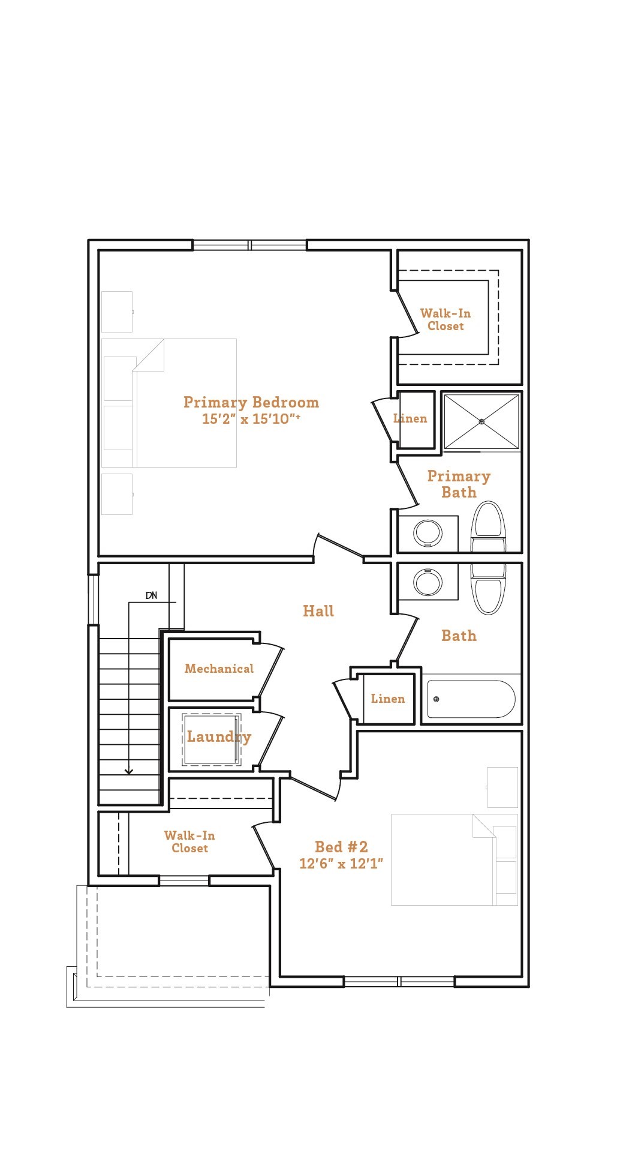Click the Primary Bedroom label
point(251,402)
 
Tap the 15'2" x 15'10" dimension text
point(251,419)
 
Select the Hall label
point(318,611)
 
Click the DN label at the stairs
point(151,595)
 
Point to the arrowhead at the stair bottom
point(128,772)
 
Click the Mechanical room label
point(219,669)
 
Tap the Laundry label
point(219,736)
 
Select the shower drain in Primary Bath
point(481,421)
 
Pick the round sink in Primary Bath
point(428,533)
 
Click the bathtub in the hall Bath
point(471,699)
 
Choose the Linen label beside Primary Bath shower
point(411,418)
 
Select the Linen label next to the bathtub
point(388,699)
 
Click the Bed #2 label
point(341,847)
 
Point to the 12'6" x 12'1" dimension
point(341,864)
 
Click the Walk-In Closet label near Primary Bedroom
point(446,319)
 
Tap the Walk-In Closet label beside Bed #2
point(189,841)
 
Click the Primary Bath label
point(459,484)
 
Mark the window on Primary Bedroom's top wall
point(250,245)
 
